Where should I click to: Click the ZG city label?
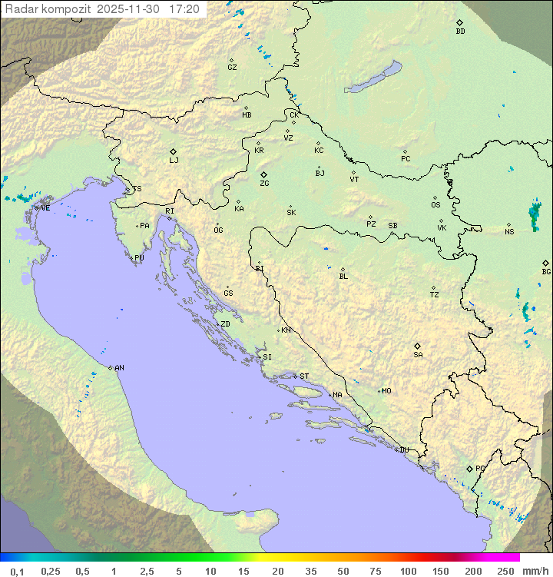(x=264, y=184)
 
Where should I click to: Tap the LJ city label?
(x=174, y=161)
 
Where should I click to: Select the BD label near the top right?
(x=460, y=32)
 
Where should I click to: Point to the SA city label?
(x=418, y=355)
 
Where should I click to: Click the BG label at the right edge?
(x=546, y=272)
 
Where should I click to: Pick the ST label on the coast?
(x=304, y=376)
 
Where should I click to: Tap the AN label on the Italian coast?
(x=119, y=368)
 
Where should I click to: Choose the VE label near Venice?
(x=45, y=208)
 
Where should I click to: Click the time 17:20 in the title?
(x=184, y=9)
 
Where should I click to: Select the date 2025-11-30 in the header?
(x=130, y=9)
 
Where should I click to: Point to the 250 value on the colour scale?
(x=505, y=571)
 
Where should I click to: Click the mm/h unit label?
(x=535, y=571)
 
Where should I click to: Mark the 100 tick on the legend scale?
(x=408, y=571)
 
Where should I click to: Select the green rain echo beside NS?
(x=535, y=215)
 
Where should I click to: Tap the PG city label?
(x=480, y=469)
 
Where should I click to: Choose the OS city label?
(x=435, y=205)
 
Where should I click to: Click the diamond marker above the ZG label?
(x=263, y=175)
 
